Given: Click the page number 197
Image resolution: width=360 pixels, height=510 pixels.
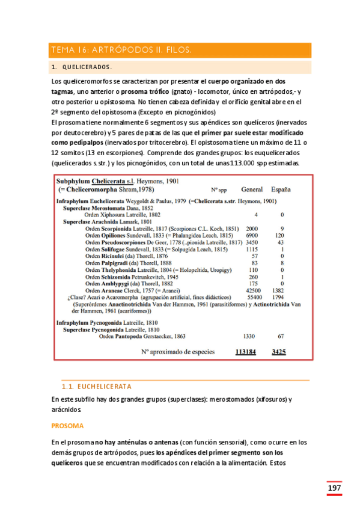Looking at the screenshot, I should (334, 488).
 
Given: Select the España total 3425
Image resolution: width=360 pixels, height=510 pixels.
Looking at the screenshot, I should (278, 351).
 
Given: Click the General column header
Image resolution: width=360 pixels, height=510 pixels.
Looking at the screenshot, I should (252, 188).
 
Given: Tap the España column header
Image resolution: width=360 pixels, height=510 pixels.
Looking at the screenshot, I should (281, 188).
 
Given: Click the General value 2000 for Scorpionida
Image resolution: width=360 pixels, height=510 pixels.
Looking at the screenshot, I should (252, 229).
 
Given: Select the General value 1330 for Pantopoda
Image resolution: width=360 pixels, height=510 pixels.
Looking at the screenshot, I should (249, 337).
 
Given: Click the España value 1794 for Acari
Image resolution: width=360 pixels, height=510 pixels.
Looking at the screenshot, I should (278, 297).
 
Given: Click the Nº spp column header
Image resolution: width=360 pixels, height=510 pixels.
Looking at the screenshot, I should (219, 189).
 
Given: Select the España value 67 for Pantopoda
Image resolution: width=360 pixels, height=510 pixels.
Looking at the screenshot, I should (280, 337).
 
